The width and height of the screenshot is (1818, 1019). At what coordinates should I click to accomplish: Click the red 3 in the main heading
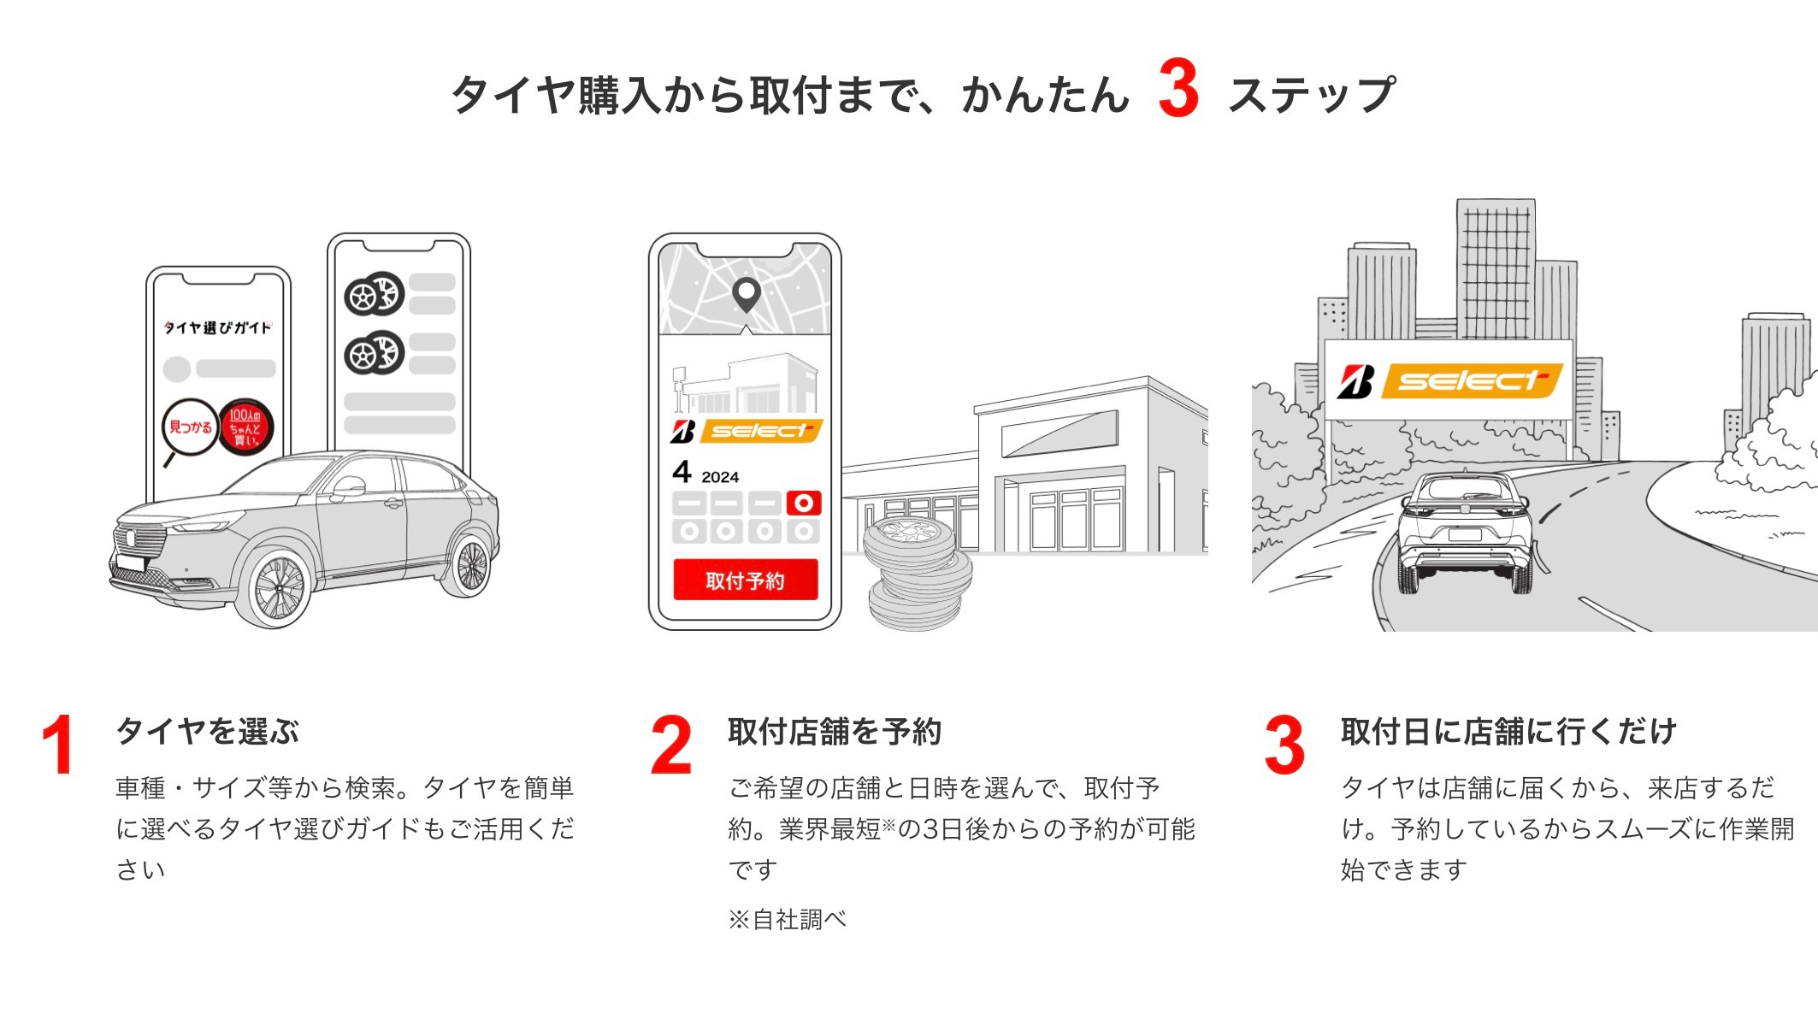[x=1178, y=89]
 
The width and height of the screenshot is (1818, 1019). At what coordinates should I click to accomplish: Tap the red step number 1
[x=58, y=745]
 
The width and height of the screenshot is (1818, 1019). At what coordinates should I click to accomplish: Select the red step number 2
[x=670, y=745]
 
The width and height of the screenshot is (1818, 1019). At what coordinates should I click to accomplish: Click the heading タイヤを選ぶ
[x=208, y=732]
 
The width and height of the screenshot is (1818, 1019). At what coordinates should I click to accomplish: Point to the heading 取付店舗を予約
[x=834, y=732]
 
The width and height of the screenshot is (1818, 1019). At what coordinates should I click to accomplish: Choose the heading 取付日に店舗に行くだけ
[x=1508, y=732]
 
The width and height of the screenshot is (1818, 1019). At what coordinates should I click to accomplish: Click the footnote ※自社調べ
[x=787, y=920]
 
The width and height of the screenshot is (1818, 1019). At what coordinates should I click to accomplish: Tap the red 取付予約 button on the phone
[x=745, y=580]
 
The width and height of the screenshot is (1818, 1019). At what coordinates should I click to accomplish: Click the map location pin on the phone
[x=747, y=294]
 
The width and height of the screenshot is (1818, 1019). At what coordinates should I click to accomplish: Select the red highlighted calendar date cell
[x=804, y=503]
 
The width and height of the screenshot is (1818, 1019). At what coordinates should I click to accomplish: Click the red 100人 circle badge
[x=245, y=427]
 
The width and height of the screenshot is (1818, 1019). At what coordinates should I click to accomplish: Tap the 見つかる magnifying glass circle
[x=189, y=427]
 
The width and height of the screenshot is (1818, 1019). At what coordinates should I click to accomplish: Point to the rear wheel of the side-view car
[x=469, y=565]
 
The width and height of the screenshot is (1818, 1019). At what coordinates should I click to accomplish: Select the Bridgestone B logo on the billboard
[x=1356, y=381]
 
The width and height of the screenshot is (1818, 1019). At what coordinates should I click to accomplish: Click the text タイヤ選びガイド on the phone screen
[x=218, y=327]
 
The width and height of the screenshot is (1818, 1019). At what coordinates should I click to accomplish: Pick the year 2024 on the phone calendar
[x=720, y=477]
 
